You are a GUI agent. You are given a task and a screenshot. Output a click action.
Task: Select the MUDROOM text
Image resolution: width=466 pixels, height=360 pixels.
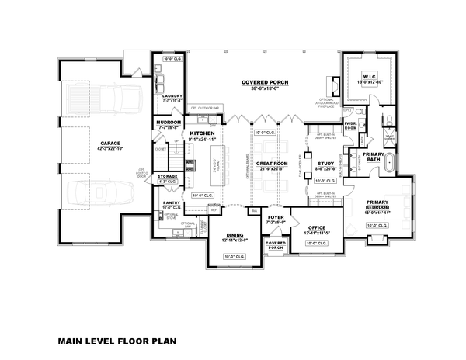pyautogui.click(x=170, y=122)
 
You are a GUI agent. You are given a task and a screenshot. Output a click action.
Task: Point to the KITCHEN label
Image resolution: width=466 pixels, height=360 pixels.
pyautogui.click(x=201, y=134)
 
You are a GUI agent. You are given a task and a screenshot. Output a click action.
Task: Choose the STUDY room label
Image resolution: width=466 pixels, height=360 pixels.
pyautogui.click(x=325, y=163)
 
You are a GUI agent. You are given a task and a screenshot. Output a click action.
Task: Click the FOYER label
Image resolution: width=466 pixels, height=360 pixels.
pyautogui.click(x=276, y=217)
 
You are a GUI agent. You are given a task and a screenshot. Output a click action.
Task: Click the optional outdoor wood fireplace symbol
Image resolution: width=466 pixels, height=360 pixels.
pyautogui.click(x=335, y=82)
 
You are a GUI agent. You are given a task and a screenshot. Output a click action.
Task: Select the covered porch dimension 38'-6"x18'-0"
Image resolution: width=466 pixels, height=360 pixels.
pyautogui.click(x=265, y=88)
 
